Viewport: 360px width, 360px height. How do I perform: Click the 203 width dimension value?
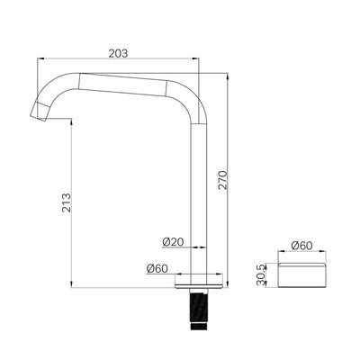[117, 53]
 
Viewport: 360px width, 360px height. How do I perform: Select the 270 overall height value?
[236, 179]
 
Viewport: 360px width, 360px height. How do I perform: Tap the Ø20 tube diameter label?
[173, 242]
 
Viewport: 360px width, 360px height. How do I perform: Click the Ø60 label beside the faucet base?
[157, 267]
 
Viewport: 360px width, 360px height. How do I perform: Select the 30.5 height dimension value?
[260, 273]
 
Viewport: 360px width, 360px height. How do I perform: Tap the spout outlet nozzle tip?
[40, 110]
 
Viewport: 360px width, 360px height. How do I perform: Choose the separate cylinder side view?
[302, 274]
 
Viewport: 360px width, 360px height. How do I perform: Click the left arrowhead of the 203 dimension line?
[40, 61]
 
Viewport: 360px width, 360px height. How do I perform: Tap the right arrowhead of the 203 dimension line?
[196, 61]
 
